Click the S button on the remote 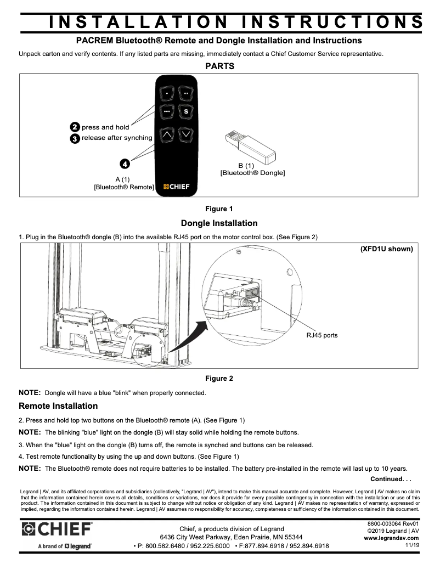coord(186,112)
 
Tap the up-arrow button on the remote coord(167,133)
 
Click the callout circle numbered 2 coord(75,127)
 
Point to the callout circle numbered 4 coord(125,164)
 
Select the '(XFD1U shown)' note coord(386,249)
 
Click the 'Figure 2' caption coord(219,378)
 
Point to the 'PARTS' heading coord(219,66)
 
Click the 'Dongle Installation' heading coord(219,223)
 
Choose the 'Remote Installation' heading coord(58,406)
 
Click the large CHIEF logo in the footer coord(57,530)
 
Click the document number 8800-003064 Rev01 coord(393,524)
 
